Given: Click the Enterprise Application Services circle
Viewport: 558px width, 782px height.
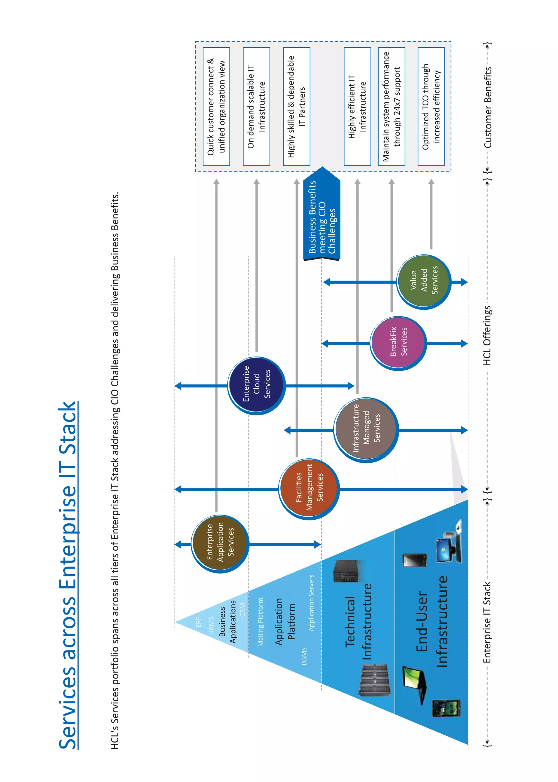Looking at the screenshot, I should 220,544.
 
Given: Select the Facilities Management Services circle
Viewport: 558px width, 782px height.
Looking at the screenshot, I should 309,489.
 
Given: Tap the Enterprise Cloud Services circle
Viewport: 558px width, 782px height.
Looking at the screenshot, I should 256,385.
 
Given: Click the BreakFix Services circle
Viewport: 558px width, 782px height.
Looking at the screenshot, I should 399,343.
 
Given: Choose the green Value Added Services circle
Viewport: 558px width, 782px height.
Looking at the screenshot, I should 424,282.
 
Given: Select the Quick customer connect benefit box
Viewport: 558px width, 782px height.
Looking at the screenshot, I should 216,106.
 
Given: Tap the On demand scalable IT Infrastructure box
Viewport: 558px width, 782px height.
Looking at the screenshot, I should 256,106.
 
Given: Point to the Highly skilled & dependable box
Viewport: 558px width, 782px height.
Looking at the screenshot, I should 296,106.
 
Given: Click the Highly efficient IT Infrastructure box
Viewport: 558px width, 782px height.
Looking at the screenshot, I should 357,106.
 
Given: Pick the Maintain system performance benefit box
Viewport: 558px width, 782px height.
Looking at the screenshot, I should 391,106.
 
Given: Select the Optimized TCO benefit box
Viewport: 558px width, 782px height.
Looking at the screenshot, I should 431,106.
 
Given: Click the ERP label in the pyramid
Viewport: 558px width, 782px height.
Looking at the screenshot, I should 199,622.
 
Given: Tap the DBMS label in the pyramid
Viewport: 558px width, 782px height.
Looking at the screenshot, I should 304,656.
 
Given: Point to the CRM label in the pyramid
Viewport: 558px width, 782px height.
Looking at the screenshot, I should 242,609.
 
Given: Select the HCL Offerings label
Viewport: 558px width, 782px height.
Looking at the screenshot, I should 487,335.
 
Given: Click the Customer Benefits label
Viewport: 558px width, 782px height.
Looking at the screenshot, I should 488,107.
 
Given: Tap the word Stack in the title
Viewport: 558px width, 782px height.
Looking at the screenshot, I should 68,428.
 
